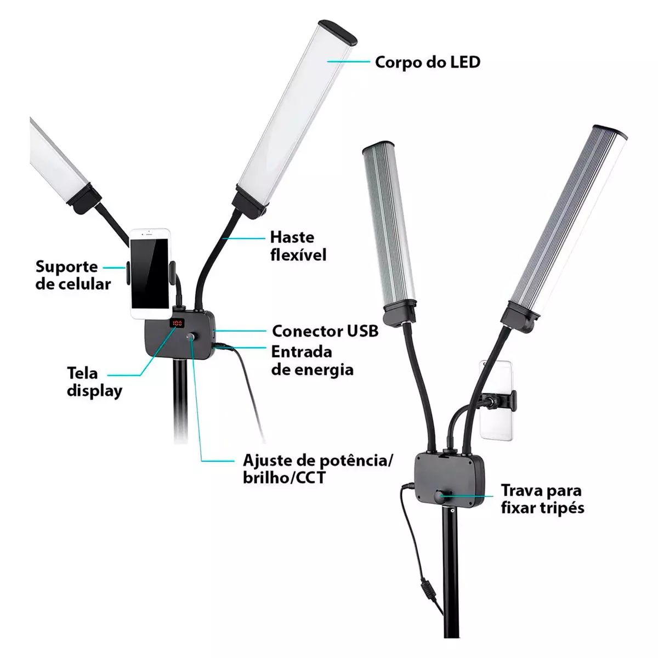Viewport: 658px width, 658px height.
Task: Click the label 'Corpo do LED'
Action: [428, 62]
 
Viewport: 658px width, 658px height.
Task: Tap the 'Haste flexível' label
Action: [298, 246]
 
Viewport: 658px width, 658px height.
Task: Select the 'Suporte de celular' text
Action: [73, 275]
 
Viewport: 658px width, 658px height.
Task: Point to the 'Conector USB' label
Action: [325, 331]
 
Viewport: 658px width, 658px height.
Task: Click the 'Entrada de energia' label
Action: [312, 361]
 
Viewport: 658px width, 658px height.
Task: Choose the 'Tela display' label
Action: [94, 382]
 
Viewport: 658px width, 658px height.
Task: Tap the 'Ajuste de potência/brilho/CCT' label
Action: [318, 469]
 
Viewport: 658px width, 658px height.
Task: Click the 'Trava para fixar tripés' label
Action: [543, 499]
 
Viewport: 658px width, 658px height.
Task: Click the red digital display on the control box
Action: [177, 323]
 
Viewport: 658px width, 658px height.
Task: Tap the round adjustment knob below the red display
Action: [191, 338]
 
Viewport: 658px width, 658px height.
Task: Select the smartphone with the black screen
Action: [151, 274]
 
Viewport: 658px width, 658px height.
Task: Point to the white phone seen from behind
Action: [496, 400]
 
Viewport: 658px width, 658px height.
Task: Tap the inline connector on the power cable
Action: [428, 588]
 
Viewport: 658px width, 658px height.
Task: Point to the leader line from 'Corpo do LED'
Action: [348, 61]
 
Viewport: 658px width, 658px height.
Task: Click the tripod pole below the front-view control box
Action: [180, 400]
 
